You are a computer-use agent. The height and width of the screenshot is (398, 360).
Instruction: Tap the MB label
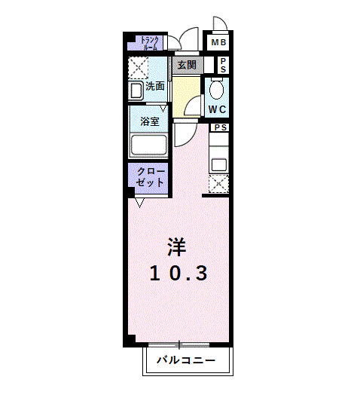pos(218,42)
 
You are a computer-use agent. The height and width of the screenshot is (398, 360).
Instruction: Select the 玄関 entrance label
pos(186,66)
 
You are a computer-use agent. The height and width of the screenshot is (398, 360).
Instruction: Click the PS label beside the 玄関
pos(224,66)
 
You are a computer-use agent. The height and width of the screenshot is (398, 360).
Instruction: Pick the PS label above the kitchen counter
pos(219,127)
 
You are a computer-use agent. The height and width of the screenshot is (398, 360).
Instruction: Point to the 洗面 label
pos(155,86)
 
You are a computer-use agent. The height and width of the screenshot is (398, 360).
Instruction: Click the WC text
pos(218,109)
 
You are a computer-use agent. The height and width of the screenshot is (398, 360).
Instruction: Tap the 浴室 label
pos(149,121)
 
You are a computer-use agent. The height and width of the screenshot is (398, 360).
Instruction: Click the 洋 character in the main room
pos(176,246)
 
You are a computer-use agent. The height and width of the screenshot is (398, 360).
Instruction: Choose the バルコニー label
pos(186,360)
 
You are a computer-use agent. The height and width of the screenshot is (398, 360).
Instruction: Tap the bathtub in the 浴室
pos(149,144)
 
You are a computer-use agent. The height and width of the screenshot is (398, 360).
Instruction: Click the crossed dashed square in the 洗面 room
pos(139,68)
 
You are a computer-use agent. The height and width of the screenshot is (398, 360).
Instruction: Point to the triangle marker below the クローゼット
pos(139,202)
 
